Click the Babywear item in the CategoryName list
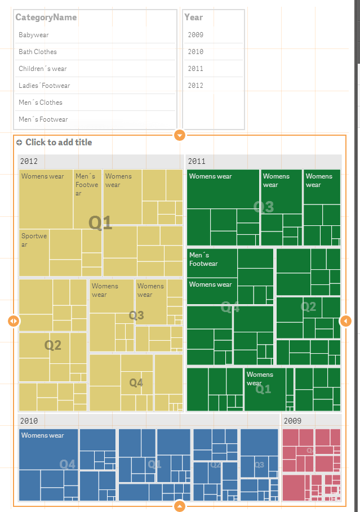coord(34,35)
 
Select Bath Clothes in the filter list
coord(38,52)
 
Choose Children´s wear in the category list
coord(42,69)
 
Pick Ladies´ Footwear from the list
coord(44,86)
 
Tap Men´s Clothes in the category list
coord(41,103)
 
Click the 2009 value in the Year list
coord(195,35)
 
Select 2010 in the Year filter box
coord(195,52)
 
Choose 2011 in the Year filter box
coord(195,69)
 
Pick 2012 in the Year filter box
coord(195,86)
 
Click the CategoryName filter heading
coord(46,17)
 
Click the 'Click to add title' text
coord(59,143)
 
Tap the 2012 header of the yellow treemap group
coord(29,161)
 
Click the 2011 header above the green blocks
coord(197,161)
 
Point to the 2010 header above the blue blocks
coord(29,421)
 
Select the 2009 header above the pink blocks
coord(293,421)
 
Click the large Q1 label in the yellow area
coord(100,223)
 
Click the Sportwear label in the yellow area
coord(34,240)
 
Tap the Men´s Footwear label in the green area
coord(203,260)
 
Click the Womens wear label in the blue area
coord(43,435)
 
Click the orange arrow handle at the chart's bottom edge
coord(180,506)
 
